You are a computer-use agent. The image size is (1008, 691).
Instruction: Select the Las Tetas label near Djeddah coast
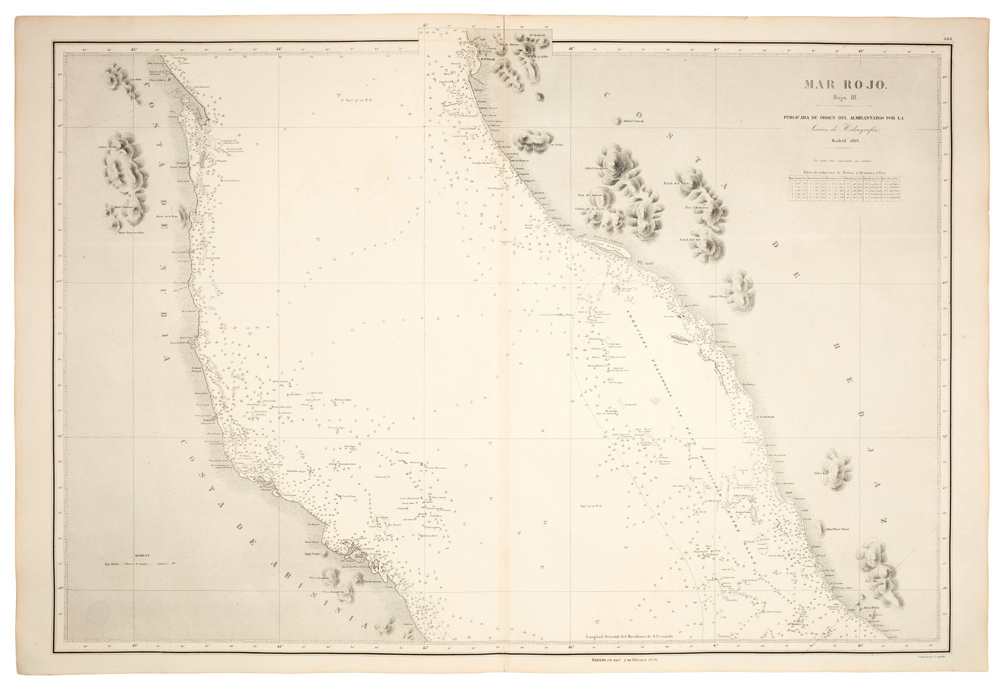pyautogui.click(x=556, y=145)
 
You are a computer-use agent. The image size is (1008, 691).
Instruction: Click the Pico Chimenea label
pyautogui.click(x=698, y=207)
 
